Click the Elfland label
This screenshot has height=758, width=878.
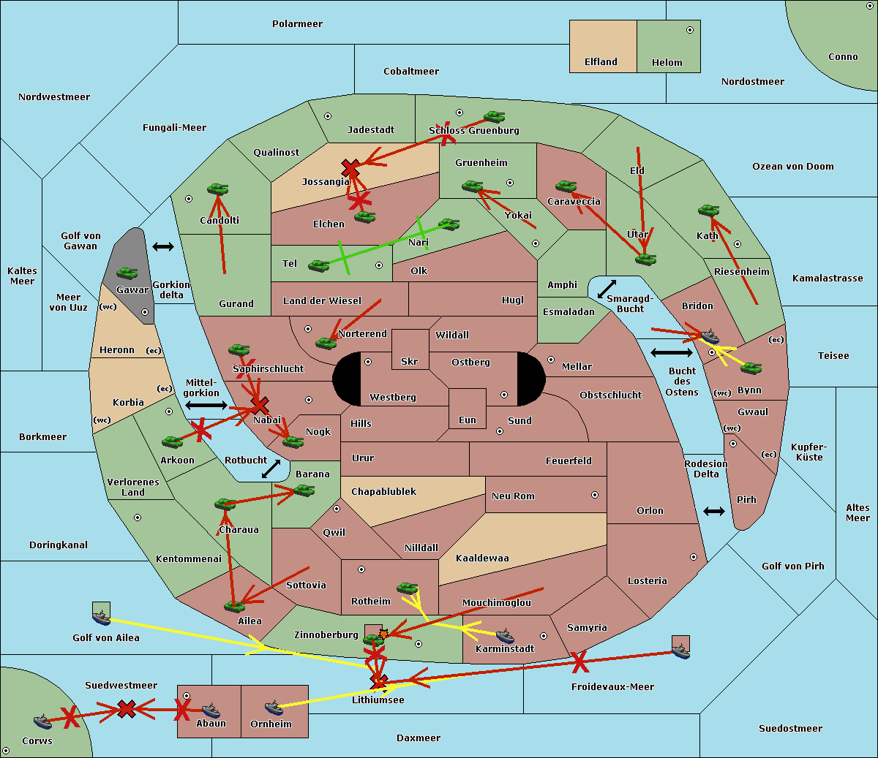[601, 62]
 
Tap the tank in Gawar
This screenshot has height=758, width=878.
[127, 273]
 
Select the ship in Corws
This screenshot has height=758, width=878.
[43, 721]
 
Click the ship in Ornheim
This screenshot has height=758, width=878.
[274, 708]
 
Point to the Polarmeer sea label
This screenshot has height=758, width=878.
[297, 24]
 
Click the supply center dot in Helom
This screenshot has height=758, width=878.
[690, 30]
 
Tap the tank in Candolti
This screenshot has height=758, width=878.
[217, 189]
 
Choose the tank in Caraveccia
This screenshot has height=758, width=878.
[566, 186]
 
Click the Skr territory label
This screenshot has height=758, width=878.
[410, 361]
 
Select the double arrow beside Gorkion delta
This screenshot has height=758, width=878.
[163, 246]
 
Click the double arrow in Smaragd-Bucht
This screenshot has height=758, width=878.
[607, 289]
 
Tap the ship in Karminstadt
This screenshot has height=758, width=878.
[505, 636]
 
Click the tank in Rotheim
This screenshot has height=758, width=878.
[408, 588]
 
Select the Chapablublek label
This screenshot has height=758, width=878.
[383, 491]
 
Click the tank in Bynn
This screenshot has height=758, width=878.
[751, 368]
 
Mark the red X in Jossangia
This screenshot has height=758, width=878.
[350, 168]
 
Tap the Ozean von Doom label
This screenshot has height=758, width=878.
[793, 167]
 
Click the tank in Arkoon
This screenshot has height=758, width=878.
[173, 442]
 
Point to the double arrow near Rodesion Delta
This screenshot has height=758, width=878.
[714, 512]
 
